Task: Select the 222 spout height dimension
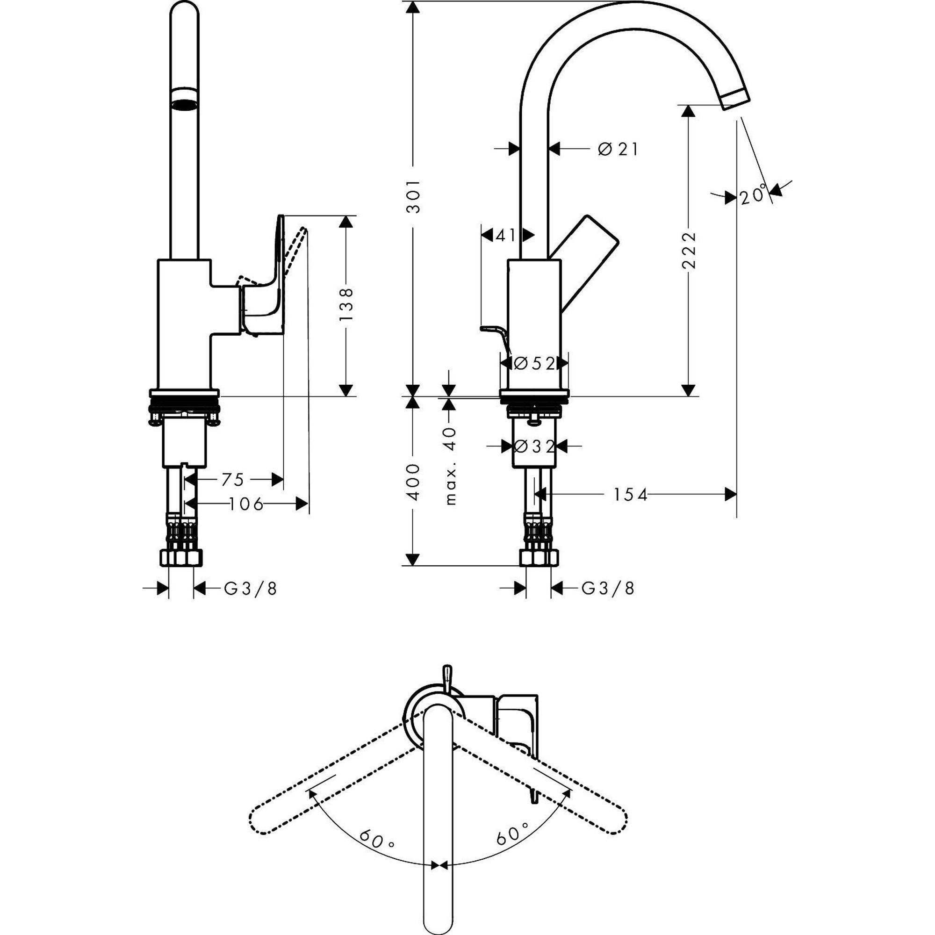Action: point(688,250)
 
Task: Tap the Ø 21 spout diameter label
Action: point(618,149)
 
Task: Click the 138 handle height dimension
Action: point(346,305)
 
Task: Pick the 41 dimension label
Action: point(506,235)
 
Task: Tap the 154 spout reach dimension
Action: point(630,495)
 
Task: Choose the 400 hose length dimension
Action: point(413,482)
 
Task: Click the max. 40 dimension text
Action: point(450,466)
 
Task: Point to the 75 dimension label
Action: point(233,480)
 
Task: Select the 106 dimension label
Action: point(246,504)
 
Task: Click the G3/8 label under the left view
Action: point(251,589)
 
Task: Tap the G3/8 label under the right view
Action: point(607,589)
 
